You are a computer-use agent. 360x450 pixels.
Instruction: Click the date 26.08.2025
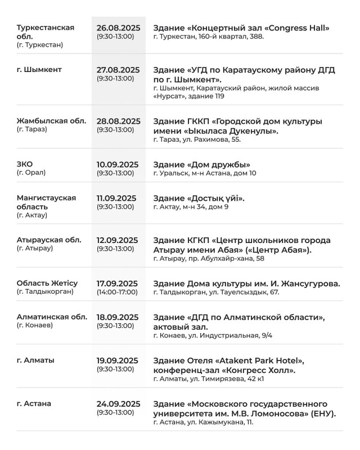pos(118,28)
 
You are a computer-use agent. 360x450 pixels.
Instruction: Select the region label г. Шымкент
pos(39,70)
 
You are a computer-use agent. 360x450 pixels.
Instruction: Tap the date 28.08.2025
pos(118,121)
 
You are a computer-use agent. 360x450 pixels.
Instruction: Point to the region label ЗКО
pos(25,164)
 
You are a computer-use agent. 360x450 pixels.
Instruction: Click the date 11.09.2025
pos(117,198)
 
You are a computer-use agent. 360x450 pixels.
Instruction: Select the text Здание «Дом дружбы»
pos(202,164)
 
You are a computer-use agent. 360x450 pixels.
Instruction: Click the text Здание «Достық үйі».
pos(199,198)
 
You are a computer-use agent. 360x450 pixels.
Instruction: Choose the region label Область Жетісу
pos(47,283)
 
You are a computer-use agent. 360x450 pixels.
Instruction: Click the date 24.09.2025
pos(118,403)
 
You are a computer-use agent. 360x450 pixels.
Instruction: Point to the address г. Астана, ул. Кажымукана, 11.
pos(203,422)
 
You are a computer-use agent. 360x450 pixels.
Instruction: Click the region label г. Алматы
pos(36,360)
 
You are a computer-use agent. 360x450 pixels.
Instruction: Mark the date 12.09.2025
pos(118,240)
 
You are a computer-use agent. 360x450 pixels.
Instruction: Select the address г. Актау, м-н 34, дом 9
pos(191,207)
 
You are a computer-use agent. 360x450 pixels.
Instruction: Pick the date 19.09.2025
pos(118,361)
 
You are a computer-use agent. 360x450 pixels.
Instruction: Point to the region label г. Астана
pos(34,403)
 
